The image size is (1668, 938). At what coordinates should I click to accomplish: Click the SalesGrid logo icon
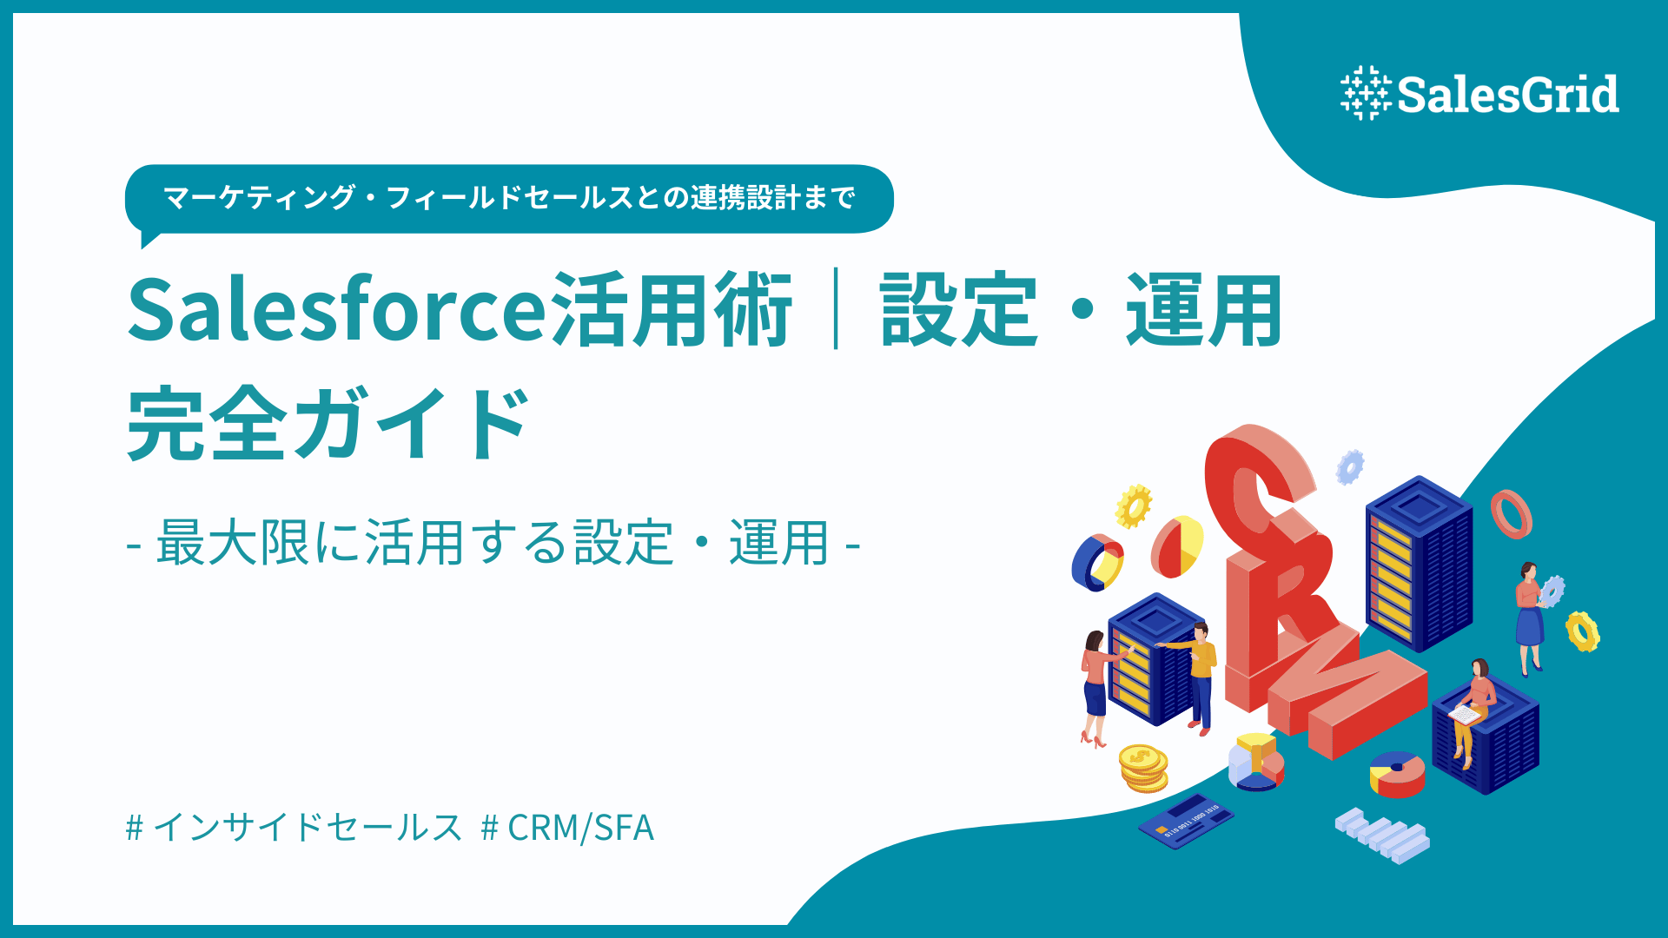(x=1366, y=93)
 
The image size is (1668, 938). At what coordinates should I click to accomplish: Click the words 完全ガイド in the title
(x=328, y=425)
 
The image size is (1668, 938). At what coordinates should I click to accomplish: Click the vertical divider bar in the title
(x=836, y=309)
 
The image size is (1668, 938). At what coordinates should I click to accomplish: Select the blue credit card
(x=1185, y=822)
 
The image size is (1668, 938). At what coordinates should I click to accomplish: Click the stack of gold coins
(x=1142, y=767)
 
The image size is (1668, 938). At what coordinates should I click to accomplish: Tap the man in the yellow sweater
(x=1199, y=673)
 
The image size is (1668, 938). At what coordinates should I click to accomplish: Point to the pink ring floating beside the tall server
(x=1511, y=514)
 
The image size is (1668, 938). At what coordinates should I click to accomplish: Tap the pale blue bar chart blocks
(x=1382, y=835)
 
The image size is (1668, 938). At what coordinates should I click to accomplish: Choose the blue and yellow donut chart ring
(x=1097, y=562)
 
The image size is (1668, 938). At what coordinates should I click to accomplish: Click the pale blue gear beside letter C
(x=1349, y=466)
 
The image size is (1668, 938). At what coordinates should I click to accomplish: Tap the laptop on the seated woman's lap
(x=1465, y=715)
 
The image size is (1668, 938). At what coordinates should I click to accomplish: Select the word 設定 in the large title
(x=958, y=310)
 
